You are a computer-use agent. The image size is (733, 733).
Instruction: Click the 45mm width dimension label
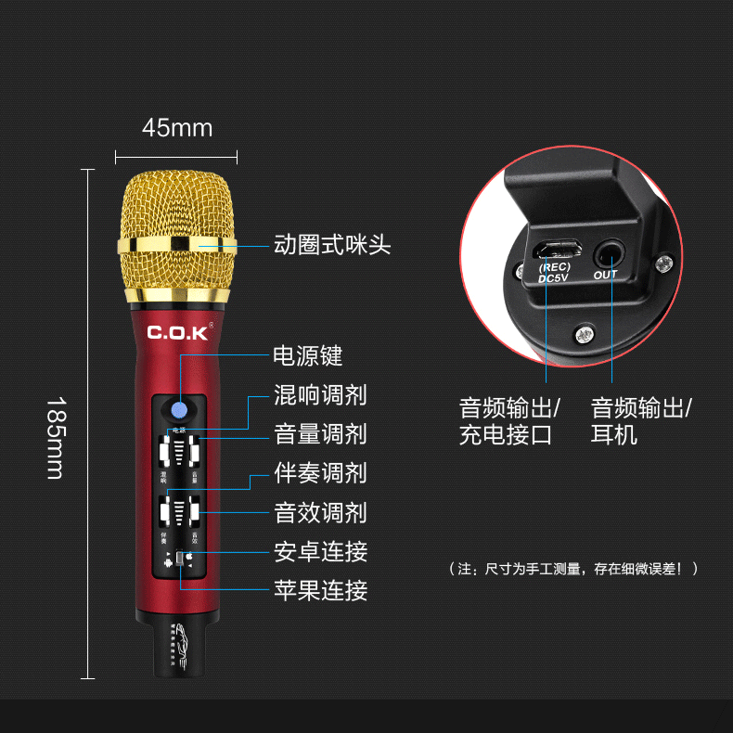pyautogui.click(x=176, y=128)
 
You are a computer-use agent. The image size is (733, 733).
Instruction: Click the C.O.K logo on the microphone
pyautogui.click(x=178, y=332)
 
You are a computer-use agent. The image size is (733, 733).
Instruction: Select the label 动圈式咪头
pyautogui.click(x=332, y=246)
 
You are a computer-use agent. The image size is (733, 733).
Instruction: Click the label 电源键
pyautogui.click(x=308, y=356)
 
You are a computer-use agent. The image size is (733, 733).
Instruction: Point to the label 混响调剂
pyautogui.click(x=320, y=395)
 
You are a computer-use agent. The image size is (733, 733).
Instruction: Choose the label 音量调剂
pyautogui.click(x=320, y=434)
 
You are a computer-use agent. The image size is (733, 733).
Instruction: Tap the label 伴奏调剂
pyautogui.click(x=320, y=473)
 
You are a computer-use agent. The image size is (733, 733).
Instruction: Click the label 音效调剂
pyautogui.click(x=320, y=512)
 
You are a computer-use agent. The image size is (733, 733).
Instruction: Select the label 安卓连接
pyautogui.click(x=320, y=551)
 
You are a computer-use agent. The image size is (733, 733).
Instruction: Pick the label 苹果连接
pyautogui.click(x=320, y=590)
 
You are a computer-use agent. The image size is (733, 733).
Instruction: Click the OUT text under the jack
pyautogui.click(x=605, y=275)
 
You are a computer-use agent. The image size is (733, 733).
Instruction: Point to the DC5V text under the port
pyautogui.click(x=555, y=278)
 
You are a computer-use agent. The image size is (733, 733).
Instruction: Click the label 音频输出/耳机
pyautogui.click(x=641, y=421)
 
